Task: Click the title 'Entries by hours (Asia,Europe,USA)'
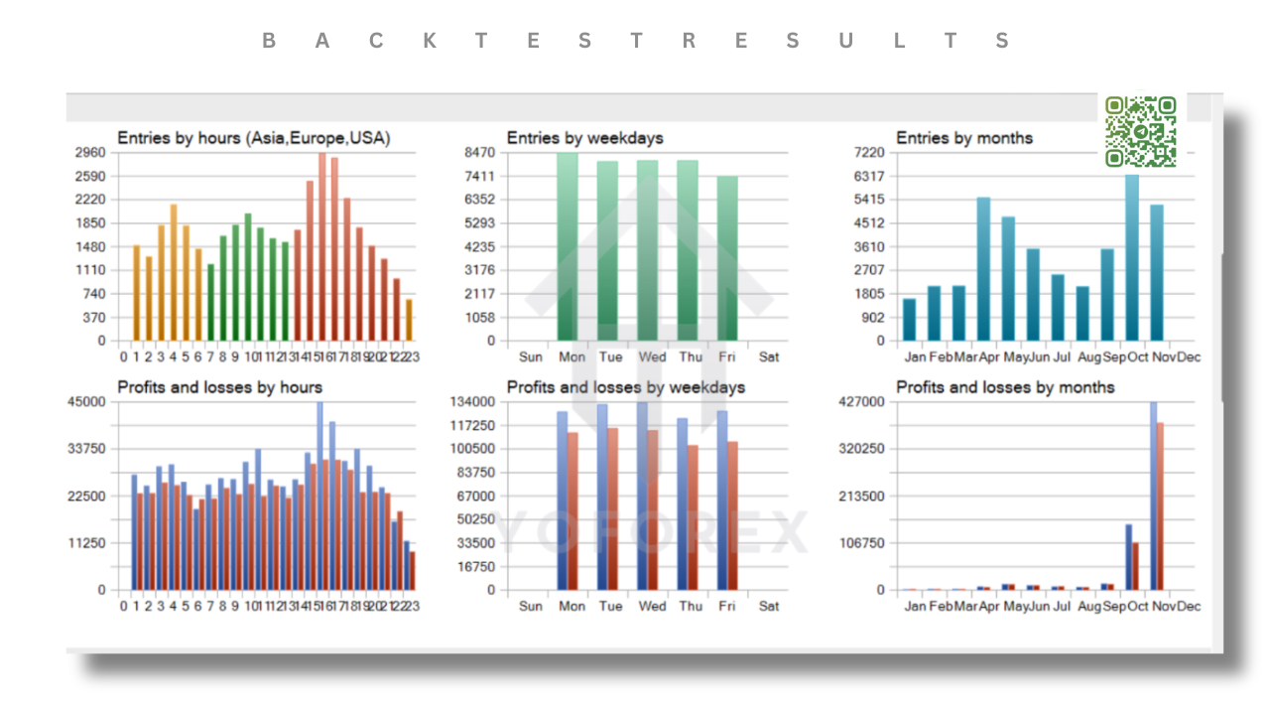[253, 138]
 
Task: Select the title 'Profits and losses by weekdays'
[625, 386]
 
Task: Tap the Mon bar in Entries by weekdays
[568, 248]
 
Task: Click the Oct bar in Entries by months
[1132, 258]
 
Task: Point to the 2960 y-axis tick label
[89, 153]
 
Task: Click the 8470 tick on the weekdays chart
[478, 153]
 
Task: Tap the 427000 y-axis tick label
[861, 401]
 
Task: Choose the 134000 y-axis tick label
[471, 401]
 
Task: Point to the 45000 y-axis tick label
[85, 401]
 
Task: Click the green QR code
[1140, 131]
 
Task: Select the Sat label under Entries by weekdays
[768, 357]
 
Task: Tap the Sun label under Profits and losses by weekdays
[531, 606]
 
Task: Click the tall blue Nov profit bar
[1153, 497]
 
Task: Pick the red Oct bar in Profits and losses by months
[1135, 566]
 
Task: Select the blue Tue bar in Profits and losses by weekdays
[602, 497]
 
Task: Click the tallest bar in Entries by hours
[321, 248]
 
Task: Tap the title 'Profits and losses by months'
[1005, 386]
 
